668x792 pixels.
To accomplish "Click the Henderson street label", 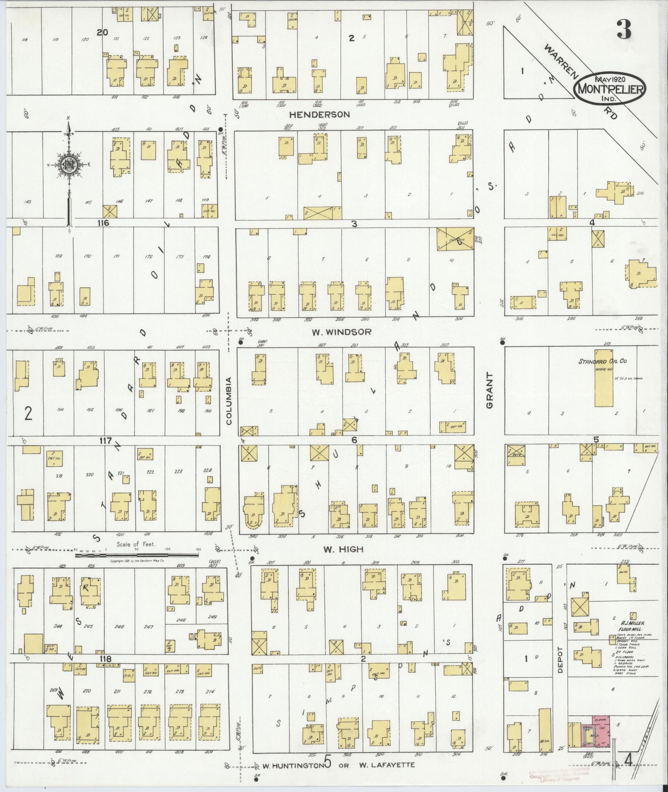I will tap(319, 114).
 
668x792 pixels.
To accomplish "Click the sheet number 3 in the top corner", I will tap(624, 29).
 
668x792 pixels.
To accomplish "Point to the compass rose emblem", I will tap(68, 164).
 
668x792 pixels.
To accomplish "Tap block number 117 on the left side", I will tap(105, 441).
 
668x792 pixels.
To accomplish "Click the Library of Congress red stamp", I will tap(559, 775).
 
